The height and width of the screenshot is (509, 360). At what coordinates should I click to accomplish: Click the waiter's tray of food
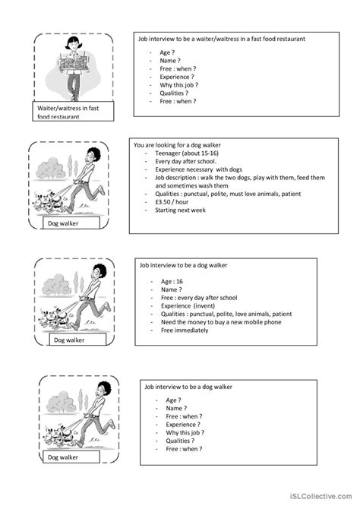coord(73,61)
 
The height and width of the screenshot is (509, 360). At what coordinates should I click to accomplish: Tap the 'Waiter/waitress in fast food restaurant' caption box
coord(72,112)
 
